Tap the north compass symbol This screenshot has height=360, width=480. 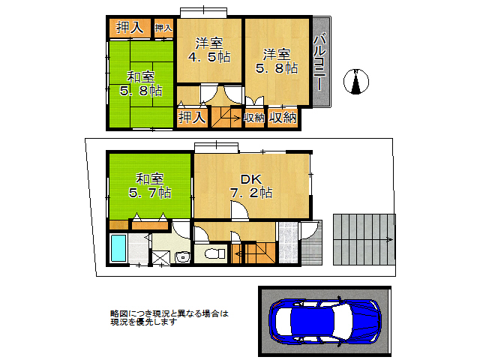click(357, 81)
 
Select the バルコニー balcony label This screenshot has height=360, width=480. click(320, 63)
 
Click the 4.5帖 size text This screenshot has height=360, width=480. click(209, 58)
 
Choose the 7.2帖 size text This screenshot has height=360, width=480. click(250, 193)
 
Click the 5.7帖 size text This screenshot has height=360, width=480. click(150, 193)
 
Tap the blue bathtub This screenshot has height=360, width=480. click(118, 249)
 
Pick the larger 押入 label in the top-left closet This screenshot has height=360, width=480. click(130, 28)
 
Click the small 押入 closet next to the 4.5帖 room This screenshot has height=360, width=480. click(163, 28)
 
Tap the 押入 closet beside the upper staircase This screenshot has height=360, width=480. click(191, 117)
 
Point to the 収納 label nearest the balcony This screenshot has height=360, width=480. click(282, 118)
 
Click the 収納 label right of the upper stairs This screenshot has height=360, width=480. click(253, 118)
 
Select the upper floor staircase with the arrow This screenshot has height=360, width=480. click(224, 117)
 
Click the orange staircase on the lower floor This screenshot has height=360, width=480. click(252, 253)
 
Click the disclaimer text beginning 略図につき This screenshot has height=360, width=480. click(168, 318)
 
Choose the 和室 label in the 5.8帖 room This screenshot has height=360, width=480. click(140, 76)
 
